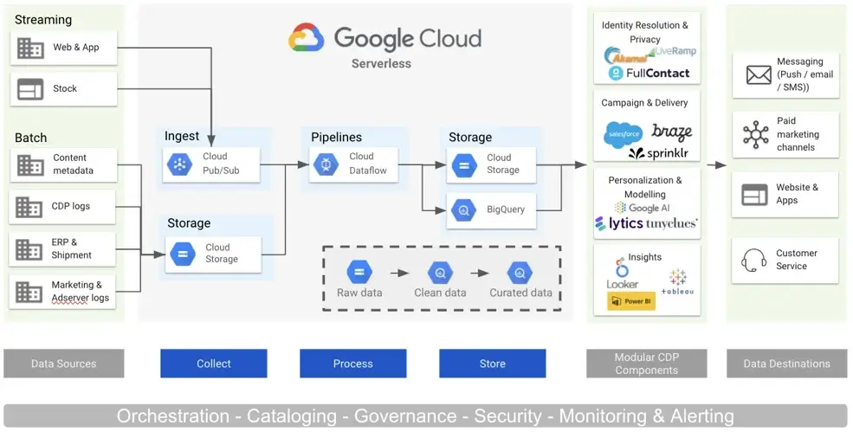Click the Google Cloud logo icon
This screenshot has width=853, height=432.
(307, 38)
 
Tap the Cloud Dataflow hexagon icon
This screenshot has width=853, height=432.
(326, 164)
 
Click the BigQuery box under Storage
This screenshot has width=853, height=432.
(492, 210)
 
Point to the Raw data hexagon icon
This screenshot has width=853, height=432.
(359, 273)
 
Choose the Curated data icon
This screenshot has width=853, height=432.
(520, 273)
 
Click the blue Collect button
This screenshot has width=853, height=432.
(213, 364)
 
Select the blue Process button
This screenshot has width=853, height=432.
(353, 364)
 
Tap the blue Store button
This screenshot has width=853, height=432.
(492, 364)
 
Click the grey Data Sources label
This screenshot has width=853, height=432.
(63, 364)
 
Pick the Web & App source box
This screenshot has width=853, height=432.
(63, 48)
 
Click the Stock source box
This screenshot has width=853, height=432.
(63, 88)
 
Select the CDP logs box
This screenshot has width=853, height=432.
(63, 207)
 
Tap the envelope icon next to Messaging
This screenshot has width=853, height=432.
(758, 75)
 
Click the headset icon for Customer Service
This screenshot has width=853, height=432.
(755, 260)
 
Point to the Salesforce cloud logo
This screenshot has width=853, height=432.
(623, 134)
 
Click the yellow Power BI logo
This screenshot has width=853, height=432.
(630, 301)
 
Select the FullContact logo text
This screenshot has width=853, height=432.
(657, 74)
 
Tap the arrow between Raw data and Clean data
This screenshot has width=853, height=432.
(398, 273)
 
